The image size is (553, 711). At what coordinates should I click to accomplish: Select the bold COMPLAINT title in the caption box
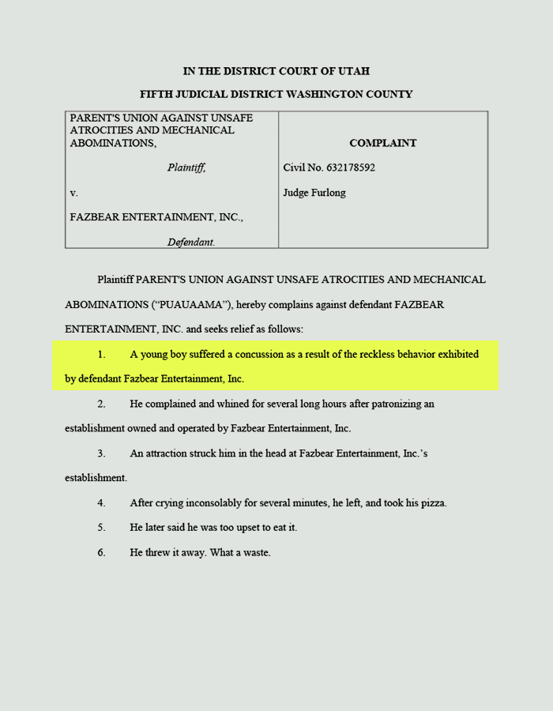click(x=383, y=143)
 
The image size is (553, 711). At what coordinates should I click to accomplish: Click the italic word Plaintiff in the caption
click(x=186, y=167)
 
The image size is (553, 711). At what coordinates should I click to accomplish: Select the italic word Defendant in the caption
click(x=191, y=242)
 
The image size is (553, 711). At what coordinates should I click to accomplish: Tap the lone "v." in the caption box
click(x=74, y=193)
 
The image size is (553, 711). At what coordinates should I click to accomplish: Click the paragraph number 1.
click(x=101, y=354)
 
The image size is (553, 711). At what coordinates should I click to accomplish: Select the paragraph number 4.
click(x=101, y=502)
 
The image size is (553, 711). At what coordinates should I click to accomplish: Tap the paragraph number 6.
click(x=101, y=552)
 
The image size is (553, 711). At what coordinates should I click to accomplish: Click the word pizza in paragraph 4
click(x=431, y=502)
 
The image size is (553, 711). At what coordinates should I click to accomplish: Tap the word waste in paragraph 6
click(x=256, y=552)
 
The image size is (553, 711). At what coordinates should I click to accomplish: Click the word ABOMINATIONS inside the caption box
click(x=111, y=143)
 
